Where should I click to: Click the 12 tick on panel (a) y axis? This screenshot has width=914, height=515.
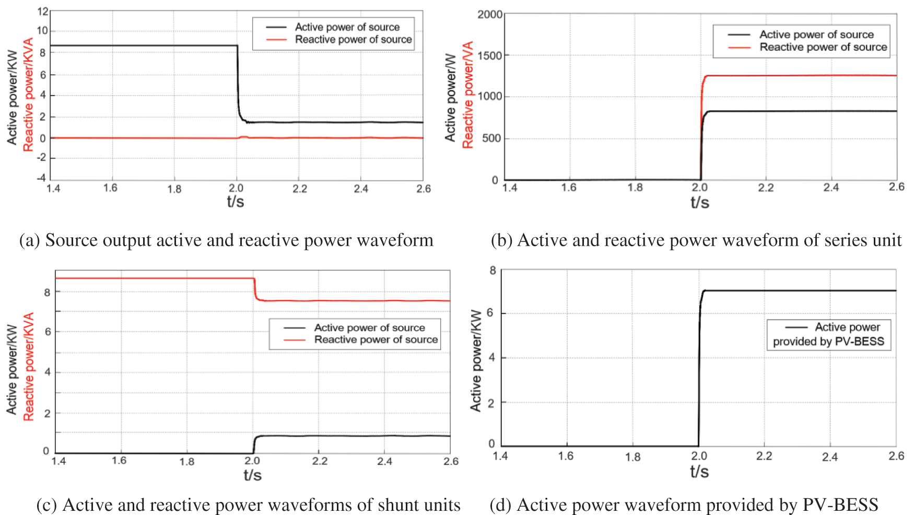(43, 11)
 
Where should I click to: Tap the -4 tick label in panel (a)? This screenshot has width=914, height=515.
(41, 178)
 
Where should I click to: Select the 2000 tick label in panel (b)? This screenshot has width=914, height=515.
(490, 14)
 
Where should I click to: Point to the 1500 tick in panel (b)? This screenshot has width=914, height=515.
(490, 55)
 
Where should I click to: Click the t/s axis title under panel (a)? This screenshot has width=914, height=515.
(236, 201)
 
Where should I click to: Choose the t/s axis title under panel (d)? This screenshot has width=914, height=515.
(699, 472)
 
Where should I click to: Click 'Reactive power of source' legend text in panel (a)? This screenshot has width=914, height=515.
(353, 40)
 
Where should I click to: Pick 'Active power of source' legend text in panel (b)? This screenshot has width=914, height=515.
(816, 35)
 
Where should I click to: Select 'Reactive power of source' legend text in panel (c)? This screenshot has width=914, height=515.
(376, 340)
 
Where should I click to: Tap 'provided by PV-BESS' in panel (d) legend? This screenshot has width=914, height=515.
(828, 341)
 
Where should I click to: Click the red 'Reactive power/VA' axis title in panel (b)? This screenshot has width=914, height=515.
(468, 95)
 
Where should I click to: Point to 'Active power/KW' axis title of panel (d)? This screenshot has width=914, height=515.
(476, 361)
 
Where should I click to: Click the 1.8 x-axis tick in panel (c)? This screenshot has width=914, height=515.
(186, 462)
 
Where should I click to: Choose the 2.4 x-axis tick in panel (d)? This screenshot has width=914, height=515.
(829, 457)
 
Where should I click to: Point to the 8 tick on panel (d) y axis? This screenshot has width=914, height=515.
(493, 271)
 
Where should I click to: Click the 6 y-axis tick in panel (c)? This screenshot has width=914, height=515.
(48, 332)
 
